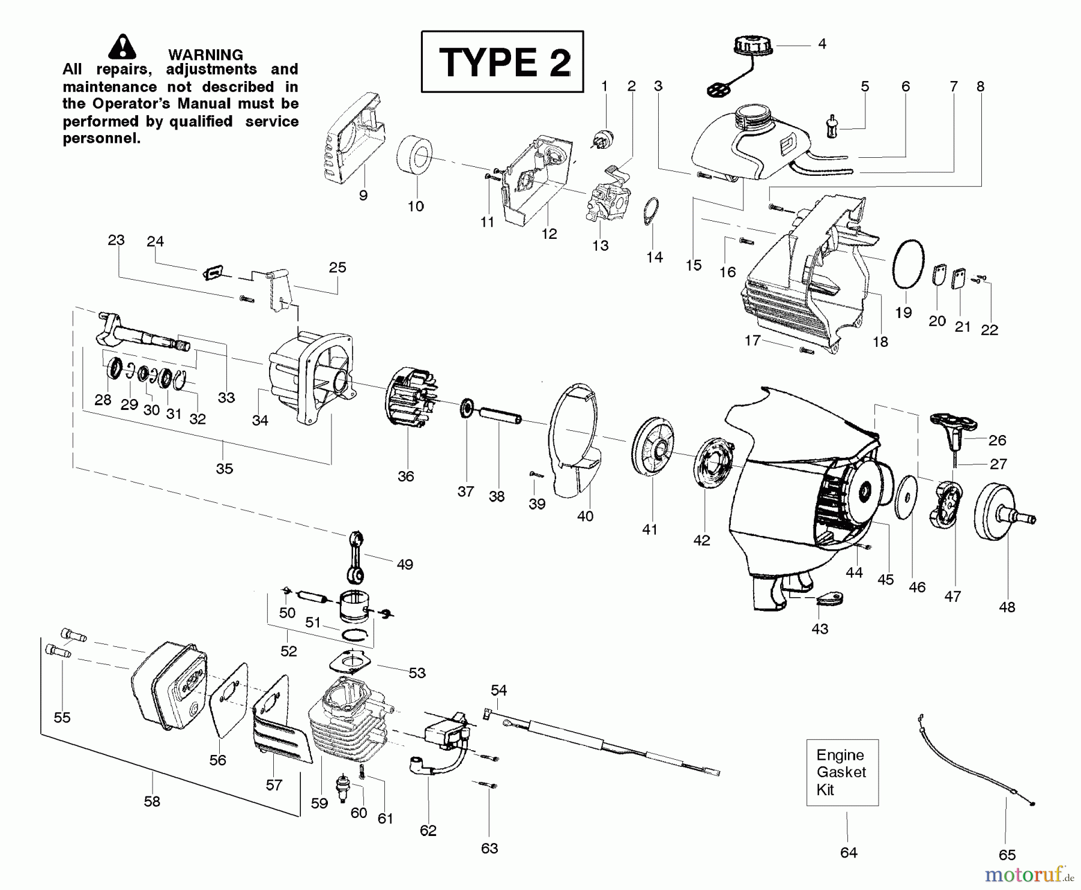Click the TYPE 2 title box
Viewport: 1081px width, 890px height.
tap(502, 61)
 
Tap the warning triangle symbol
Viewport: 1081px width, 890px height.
tap(123, 47)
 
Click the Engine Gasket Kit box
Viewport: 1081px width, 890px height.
tap(842, 772)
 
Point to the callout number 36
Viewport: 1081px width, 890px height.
tap(406, 477)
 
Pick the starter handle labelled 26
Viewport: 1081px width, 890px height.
tap(953, 430)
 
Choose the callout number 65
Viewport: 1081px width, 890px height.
tap(1007, 855)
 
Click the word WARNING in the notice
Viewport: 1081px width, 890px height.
tap(205, 55)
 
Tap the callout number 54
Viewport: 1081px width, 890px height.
tap(498, 690)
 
